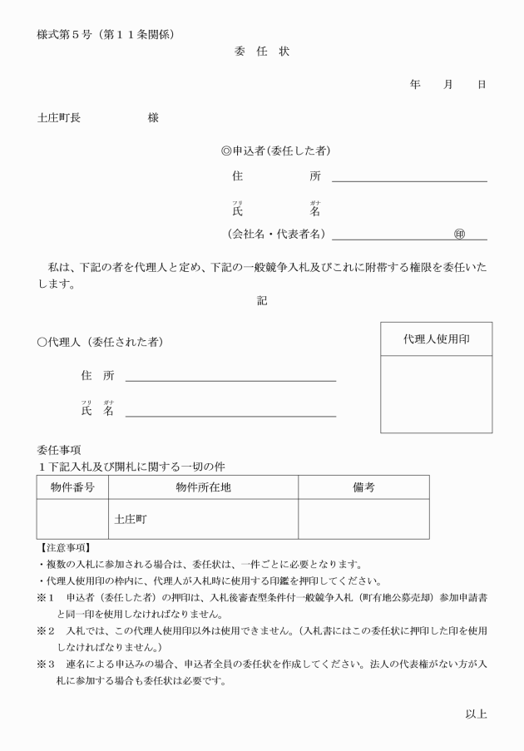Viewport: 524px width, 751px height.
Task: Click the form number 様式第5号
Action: pos(67,34)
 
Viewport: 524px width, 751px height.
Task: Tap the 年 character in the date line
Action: pos(415,85)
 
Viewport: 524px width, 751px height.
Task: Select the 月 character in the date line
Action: pos(448,85)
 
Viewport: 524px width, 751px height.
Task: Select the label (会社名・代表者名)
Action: pos(276,235)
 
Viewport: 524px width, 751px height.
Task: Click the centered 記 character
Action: pos(262,301)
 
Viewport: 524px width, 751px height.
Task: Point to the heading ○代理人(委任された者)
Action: pos(100,343)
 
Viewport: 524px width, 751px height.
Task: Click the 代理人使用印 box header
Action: pos(436,339)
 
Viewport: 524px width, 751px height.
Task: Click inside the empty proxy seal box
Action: pos(436,394)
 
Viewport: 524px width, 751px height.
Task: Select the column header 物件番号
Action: pos(72,487)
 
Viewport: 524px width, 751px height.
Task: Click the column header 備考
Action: pos(363,487)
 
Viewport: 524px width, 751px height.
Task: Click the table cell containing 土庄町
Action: pos(203,519)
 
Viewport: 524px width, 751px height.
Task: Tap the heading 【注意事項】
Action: pos(66,547)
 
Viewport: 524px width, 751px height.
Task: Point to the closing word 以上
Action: pos(476,714)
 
